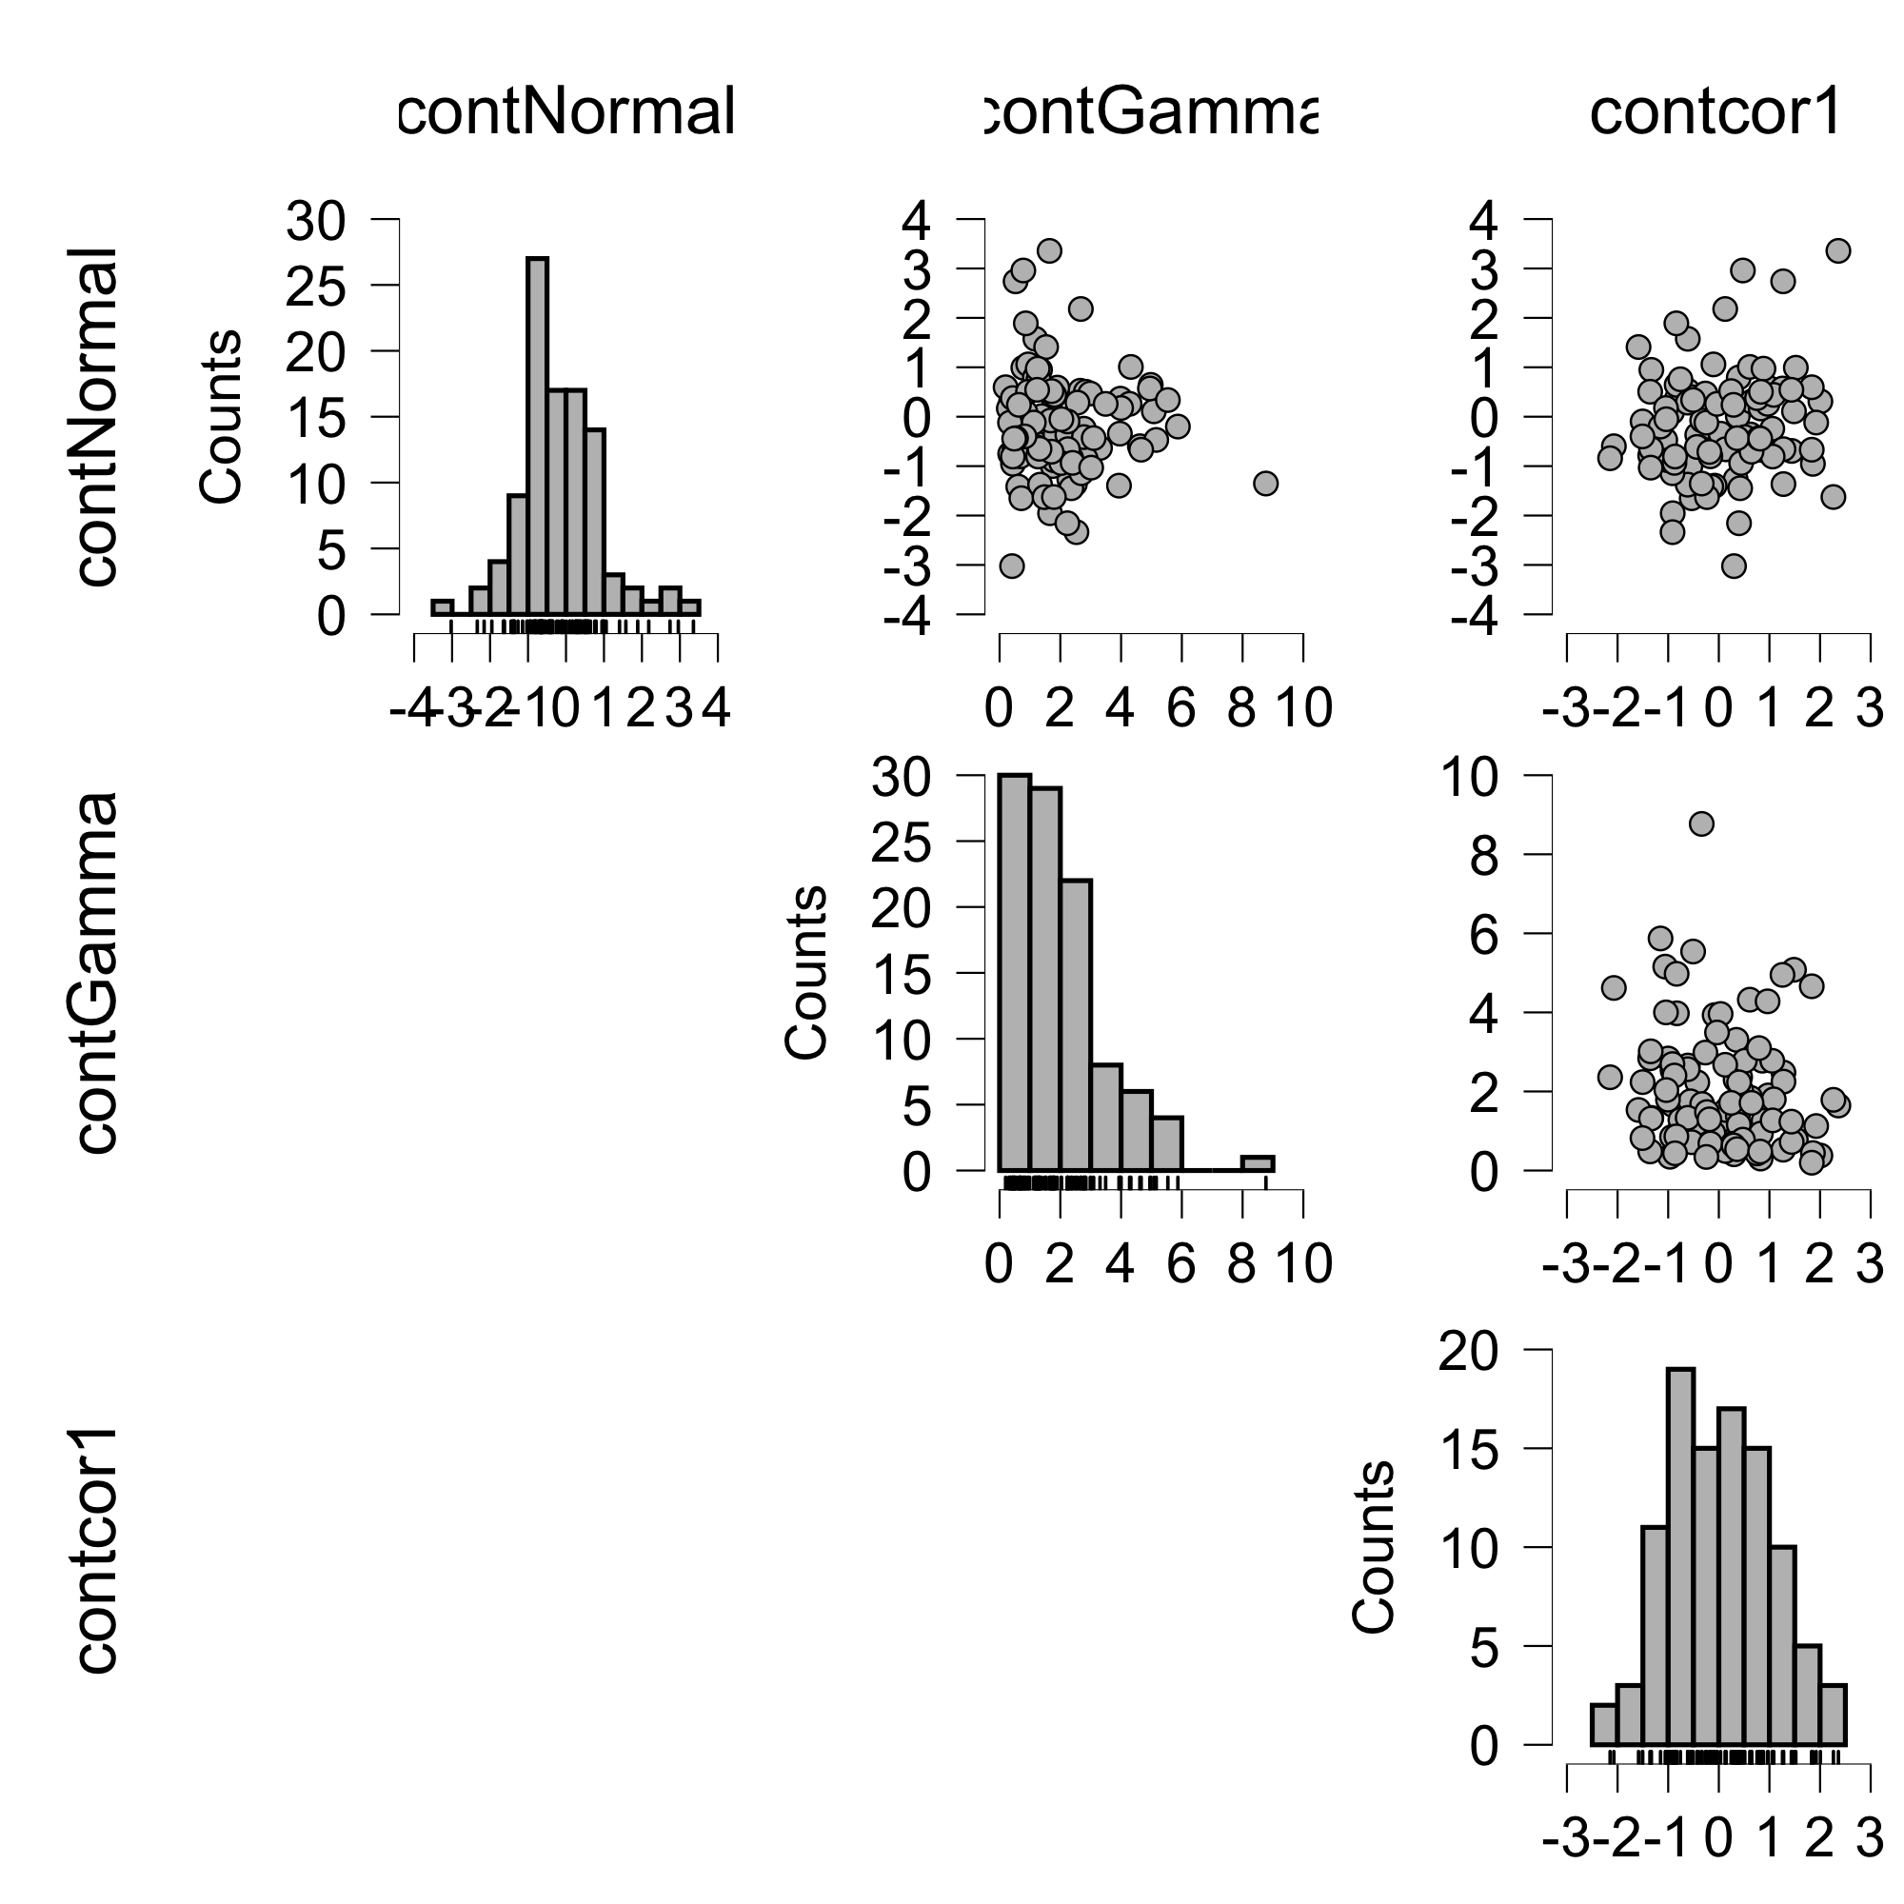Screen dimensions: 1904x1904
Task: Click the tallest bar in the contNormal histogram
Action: coord(537,433)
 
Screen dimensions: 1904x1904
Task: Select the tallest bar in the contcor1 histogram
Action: coord(1680,1557)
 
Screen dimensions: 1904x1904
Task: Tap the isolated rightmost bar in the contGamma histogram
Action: coord(1257,1164)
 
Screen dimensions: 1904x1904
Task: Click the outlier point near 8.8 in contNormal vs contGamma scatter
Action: coord(1265,483)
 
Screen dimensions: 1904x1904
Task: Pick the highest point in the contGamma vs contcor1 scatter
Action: coord(1701,823)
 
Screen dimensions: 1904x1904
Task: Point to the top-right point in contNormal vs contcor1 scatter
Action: coord(1837,251)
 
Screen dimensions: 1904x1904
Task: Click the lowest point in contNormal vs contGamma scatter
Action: coord(1012,565)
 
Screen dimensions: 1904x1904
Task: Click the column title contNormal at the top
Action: coord(565,112)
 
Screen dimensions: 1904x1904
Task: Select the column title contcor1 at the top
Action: coord(1715,112)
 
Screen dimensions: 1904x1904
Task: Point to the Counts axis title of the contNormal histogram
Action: coord(221,416)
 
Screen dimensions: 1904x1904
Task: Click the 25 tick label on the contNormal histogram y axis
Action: coord(315,287)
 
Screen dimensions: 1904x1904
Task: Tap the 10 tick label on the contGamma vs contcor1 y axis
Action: coord(1472,778)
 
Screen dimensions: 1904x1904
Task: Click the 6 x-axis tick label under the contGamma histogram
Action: coord(1180,1263)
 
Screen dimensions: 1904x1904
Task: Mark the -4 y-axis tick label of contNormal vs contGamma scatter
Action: coord(906,617)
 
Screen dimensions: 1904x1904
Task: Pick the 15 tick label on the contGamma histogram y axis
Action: coord(901,974)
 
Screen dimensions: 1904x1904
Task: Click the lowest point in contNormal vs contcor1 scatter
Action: coord(1734,565)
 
